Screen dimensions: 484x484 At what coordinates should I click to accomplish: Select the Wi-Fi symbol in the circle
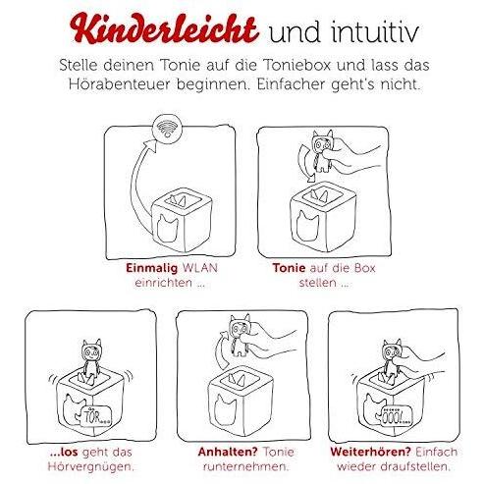coord(167,128)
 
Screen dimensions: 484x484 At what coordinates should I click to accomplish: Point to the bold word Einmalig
coord(152,268)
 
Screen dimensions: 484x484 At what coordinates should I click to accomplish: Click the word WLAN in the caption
coord(200,268)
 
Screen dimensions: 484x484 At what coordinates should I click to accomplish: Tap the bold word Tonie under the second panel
coord(289,268)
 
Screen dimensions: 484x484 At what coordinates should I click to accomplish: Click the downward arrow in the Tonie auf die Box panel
coord(305,164)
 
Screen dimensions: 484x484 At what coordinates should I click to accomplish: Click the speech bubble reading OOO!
coord(395,416)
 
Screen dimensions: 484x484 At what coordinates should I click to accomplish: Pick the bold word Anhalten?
coord(228,452)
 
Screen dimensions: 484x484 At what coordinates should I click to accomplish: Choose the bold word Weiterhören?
coord(370,452)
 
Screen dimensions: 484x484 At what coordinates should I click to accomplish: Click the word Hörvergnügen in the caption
coord(90,466)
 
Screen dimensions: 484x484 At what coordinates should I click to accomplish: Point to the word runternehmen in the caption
coord(245,466)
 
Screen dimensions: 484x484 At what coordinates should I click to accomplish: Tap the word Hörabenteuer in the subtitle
coord(119,84)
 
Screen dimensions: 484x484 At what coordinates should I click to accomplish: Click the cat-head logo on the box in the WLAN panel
coord(167,226)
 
